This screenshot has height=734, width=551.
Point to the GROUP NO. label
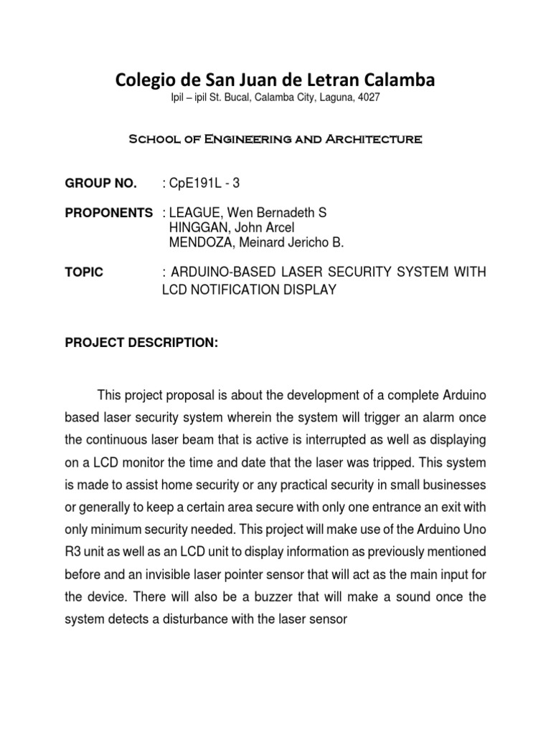100,184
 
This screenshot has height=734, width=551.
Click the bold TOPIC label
83,272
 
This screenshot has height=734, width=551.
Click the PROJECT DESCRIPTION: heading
141,343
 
